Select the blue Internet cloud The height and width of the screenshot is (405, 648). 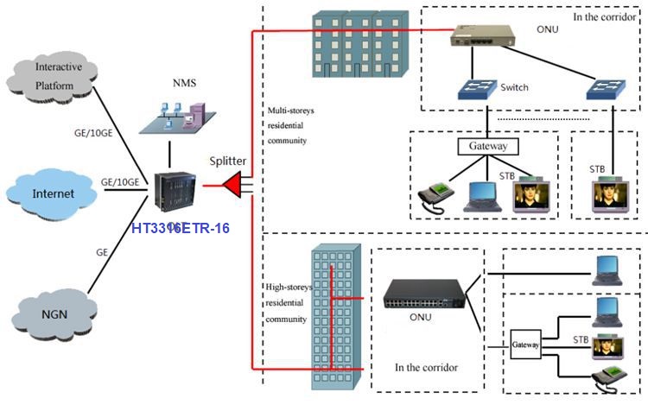click(x=54, y=193)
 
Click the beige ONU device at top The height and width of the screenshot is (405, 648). click(x=482, y=36)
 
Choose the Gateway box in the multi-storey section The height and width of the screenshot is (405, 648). click(x=486, y=146)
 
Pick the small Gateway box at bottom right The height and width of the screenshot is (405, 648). click(x=525, y=344)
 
